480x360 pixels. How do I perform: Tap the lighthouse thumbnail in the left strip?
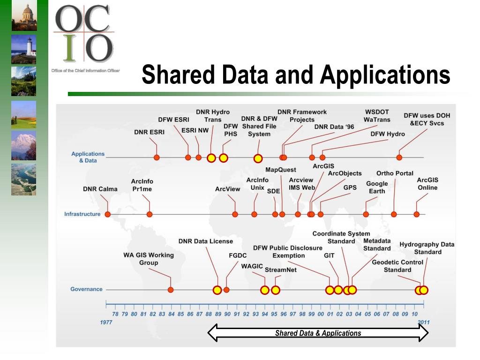(24, 49)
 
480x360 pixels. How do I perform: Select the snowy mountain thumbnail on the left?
(24, 146)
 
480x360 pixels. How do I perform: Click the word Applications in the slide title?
(385, 75)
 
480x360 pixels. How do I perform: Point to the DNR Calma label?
(100, 189)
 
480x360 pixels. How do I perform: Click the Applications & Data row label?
(88, 157)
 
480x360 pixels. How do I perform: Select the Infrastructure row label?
(82, 214)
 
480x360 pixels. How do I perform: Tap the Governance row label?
(86, 289)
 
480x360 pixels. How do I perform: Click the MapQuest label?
(281, 170)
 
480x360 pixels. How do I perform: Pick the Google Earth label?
(377, 187)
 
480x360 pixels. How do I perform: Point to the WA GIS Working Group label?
(149, 259)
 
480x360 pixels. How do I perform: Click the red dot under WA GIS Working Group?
(171, 290)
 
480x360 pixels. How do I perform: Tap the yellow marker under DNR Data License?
(217, 290)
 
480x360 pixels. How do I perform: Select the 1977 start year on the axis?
(106, 322)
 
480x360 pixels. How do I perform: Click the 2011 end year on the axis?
(423, 322)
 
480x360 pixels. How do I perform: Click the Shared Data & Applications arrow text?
(318, 333)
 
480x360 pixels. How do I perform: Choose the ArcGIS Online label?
(427, 184)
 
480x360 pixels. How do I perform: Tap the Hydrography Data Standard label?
(427, 248)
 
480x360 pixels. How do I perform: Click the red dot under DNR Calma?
(108, 214)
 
